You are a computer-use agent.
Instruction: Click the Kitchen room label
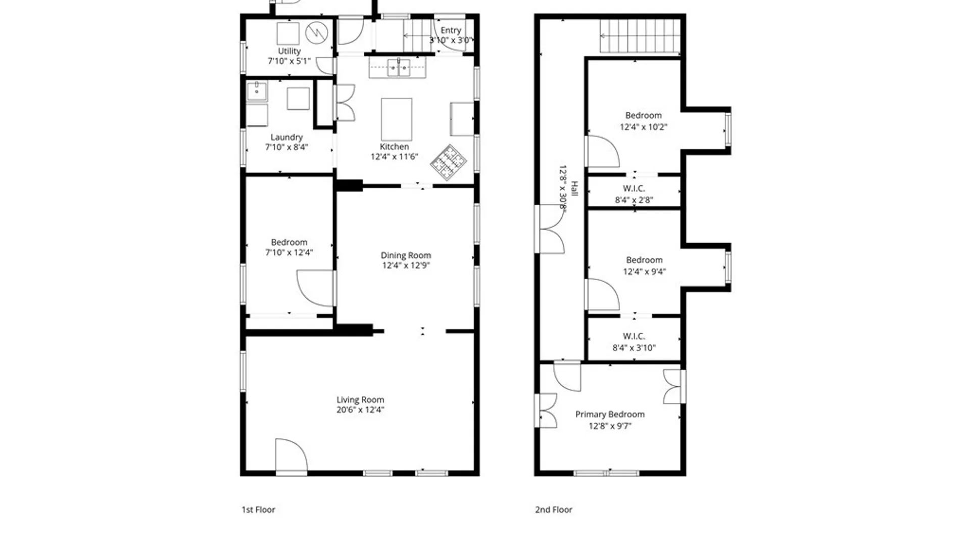point(395,147)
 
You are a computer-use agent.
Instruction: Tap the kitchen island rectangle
point(397,119)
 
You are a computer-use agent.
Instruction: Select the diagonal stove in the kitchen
point(449,162)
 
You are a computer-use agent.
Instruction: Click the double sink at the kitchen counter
point(399,67)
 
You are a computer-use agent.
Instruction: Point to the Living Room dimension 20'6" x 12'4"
point(360,410)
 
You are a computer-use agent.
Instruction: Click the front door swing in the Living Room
point(291,455)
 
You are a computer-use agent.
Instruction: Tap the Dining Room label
point(406,255)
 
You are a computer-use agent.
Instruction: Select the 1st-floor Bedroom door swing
point(315,288)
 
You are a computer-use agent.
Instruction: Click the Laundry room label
point(286,137)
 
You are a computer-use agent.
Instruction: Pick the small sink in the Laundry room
point(257,92)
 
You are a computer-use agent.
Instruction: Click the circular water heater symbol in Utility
point(317,33)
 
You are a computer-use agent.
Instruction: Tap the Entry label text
point(451,30)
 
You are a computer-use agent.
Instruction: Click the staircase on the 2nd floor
point(640,36)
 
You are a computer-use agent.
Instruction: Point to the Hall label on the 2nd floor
point(574,189)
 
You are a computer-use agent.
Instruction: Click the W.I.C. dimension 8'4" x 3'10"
point(634,348)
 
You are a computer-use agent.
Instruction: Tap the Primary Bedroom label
point(610,415)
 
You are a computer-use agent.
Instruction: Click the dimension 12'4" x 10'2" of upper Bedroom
point(644,127)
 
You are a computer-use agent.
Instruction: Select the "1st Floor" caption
point(258,510)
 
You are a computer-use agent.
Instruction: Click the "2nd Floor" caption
point(554,510)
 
